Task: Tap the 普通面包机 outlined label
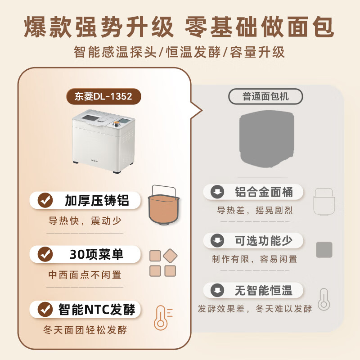pos(265,96)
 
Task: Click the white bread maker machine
pos(103,141)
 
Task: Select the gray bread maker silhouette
pos(266,139)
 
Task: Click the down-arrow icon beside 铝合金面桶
pos(218,193)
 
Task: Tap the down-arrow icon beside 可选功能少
pos(218,241)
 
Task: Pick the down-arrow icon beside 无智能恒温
pos(218,290)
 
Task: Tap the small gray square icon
pos(324,250)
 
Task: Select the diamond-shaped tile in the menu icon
pos(170,256)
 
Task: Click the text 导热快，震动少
pos(85,221)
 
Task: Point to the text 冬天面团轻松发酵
pos(85,330)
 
